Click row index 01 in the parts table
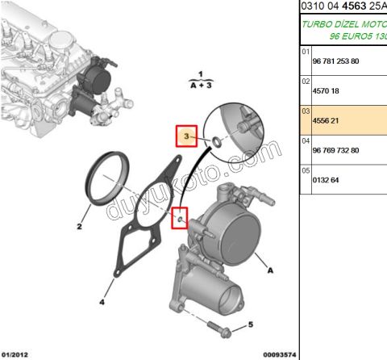(x=306, y=51)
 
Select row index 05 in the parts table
(x=306, y=170)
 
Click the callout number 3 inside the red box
(x=187, y=138)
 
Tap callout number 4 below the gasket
(x=102, y=303)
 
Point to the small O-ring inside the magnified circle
(x=215, y=142)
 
